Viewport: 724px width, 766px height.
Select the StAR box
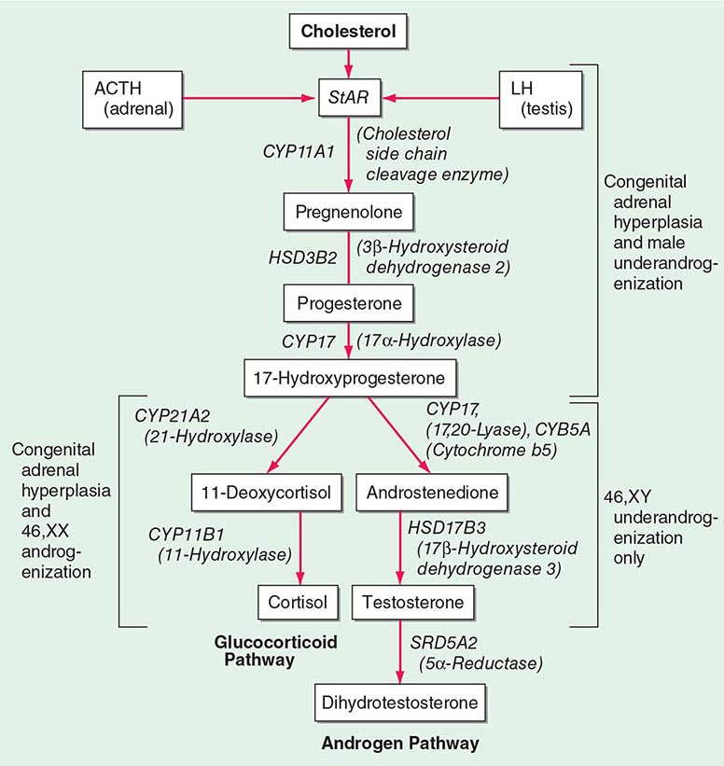[347, 95]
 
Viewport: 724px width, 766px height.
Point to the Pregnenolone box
[347, 213]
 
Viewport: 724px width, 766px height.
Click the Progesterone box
[347, 303]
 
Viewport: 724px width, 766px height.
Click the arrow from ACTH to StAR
[247, 94]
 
